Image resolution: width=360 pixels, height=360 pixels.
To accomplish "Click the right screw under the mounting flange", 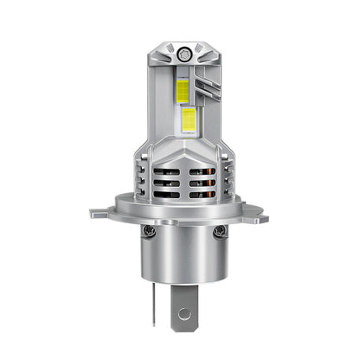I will [220, 231].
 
